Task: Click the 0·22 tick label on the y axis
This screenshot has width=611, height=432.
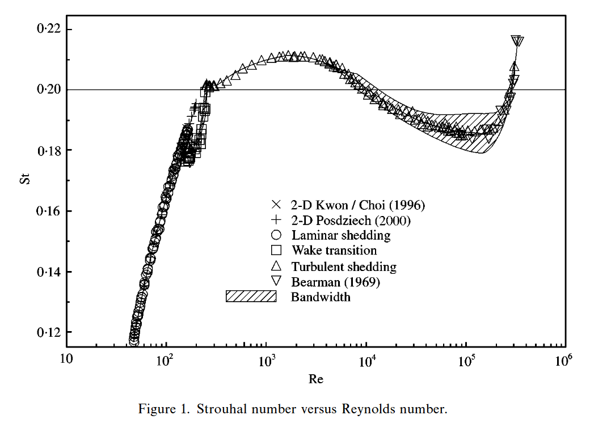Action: point(48,29)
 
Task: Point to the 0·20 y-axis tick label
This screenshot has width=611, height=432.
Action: point(48,90)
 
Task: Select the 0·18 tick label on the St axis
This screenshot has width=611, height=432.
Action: point(48,150)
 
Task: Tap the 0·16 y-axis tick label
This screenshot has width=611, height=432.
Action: point(48,211)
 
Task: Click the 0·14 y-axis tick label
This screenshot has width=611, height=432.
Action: point(48,272)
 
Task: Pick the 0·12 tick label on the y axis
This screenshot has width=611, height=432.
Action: point(48,332)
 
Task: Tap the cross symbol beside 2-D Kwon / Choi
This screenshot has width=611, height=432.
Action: point(276,205)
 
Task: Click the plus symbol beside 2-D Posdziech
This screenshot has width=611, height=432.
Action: point(276,220)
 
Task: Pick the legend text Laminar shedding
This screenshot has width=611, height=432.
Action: point(341,235)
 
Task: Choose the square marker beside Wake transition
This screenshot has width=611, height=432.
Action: point(276,251)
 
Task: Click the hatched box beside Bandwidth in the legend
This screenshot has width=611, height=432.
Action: point(251,297)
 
